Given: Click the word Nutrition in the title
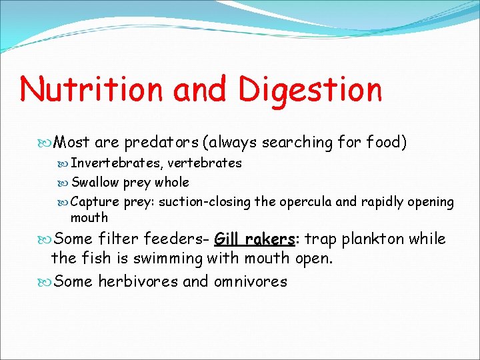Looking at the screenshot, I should pyautogui.click(x=91, y=89).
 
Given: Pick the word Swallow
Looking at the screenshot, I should pyautogui.click(x=96, y=183).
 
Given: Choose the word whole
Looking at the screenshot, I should pyautogui.click(x=172, y=183).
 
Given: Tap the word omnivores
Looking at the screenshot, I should pyautogui.click(x=250, y=281).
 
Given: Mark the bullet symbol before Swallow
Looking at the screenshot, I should pyautogui.click(x=63, y=183).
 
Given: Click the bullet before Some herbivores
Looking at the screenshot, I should pyautogui.click(x=45, y=281).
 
